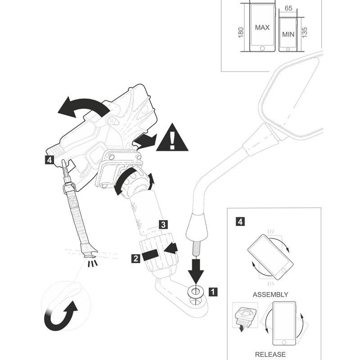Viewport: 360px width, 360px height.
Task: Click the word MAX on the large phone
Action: (262, 27)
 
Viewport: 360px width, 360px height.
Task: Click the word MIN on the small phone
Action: (288, 35)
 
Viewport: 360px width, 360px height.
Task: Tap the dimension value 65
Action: (288, 8)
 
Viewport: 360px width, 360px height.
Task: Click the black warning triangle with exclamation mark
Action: (172, 138)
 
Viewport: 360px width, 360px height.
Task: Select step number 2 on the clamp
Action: (135, 258)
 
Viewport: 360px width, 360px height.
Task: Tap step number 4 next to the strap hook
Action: (49, 159)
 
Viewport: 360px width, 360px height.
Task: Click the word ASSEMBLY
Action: (270, 295)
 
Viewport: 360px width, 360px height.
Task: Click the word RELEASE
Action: (270, 354)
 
